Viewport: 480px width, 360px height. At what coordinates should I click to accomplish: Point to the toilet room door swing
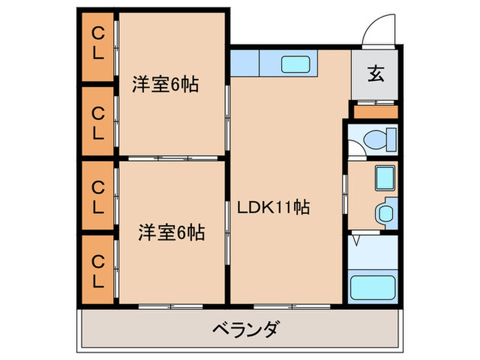tap(355, 145)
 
